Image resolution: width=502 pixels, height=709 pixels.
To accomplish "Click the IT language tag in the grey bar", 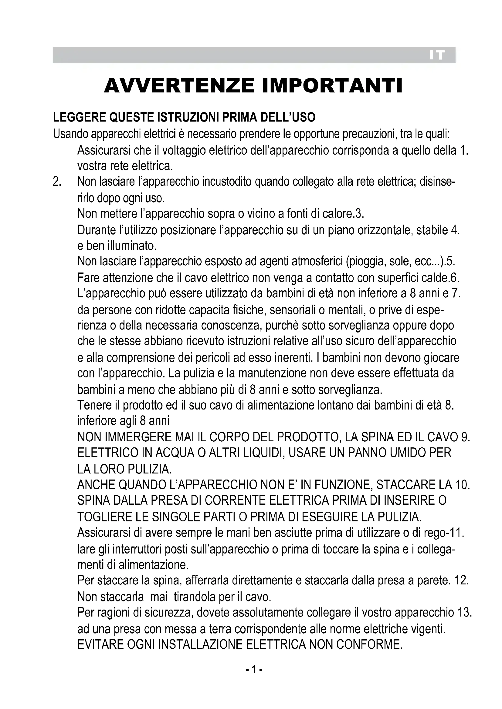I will [x=436, y=55].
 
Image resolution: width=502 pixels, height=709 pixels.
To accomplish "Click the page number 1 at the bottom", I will [x=254, y=670].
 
